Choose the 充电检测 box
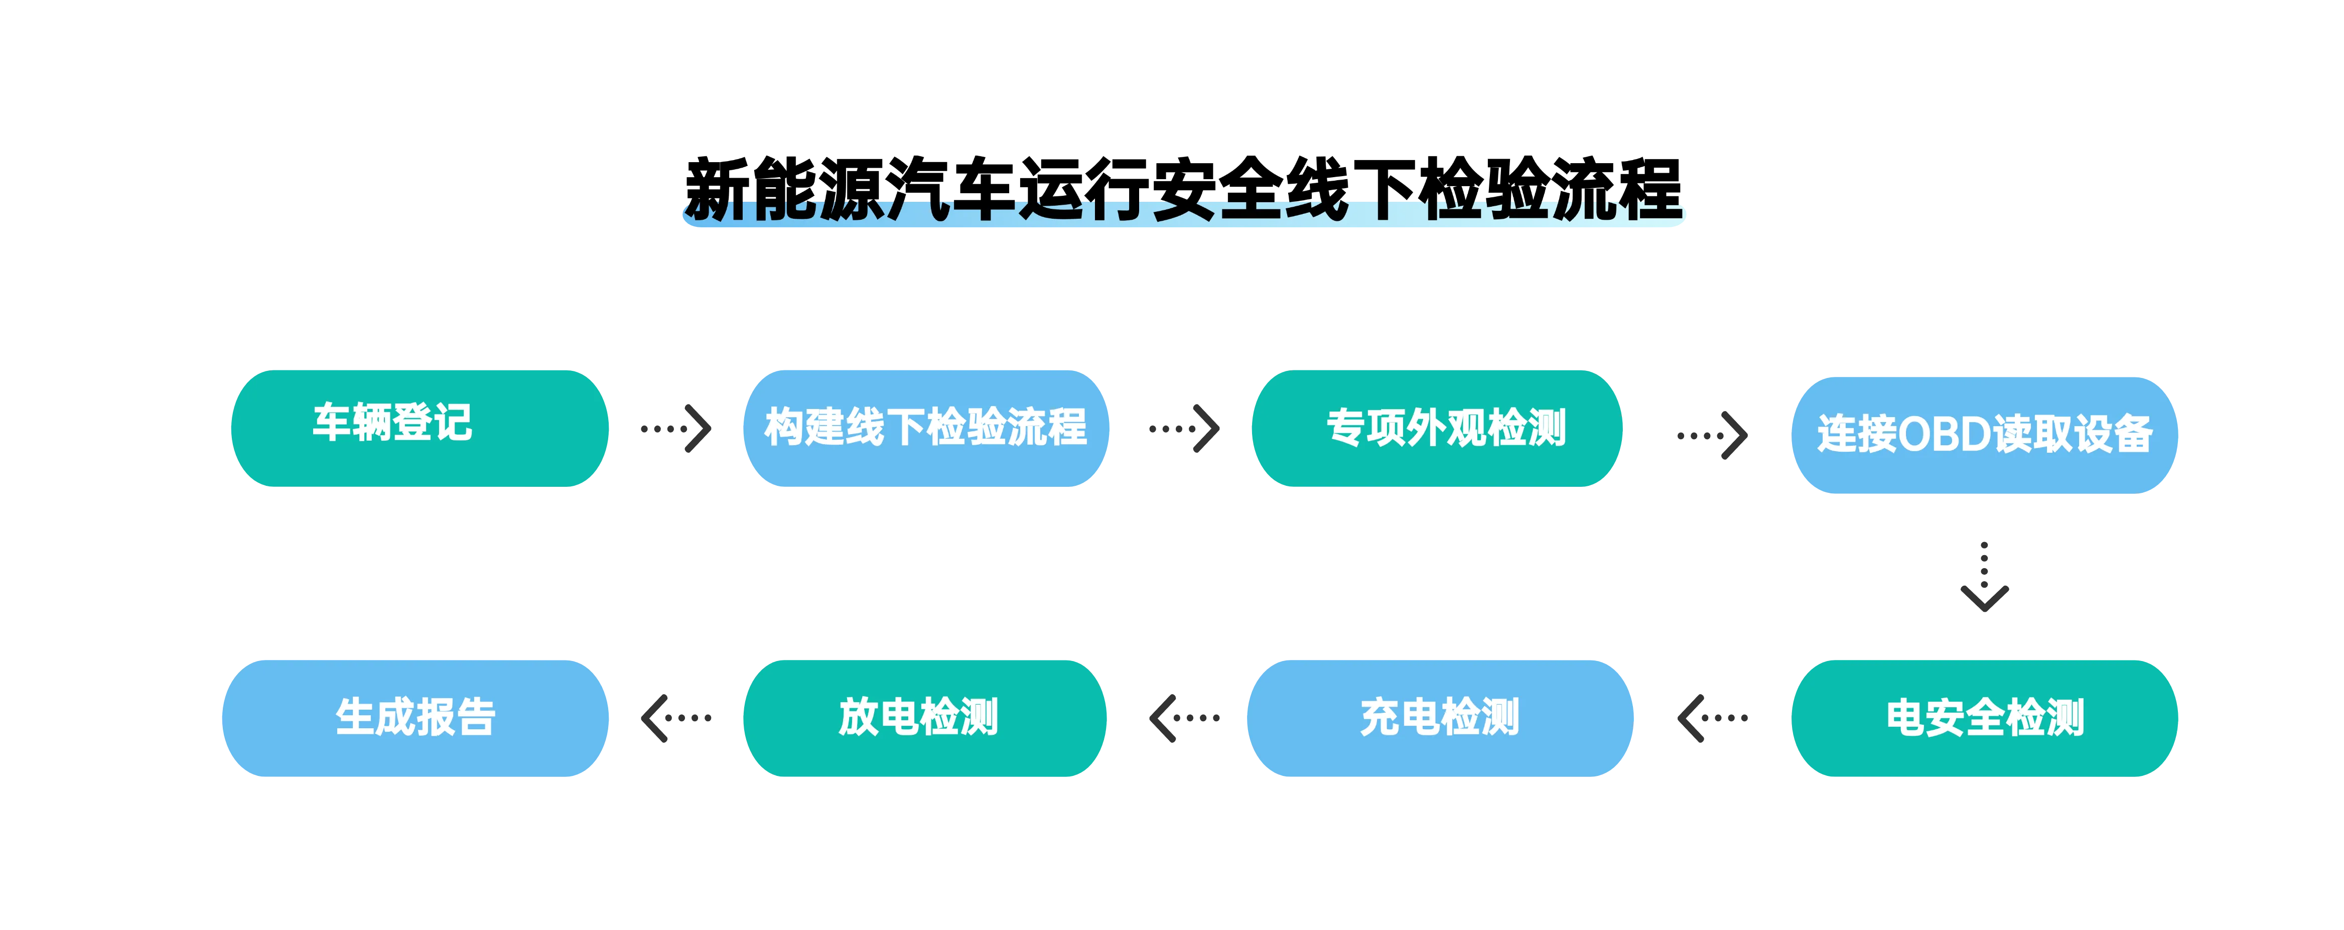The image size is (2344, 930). [x=1440, y=718]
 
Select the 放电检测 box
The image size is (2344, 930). [x=924, y=718]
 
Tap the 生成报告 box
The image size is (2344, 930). [x=415, y=718]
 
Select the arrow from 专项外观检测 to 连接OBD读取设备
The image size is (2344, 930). [x=1712, y=436]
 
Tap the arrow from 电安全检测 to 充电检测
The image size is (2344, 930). [x=1712, y=718]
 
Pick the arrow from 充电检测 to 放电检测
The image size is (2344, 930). [x=1184, y=718]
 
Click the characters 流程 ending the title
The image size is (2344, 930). [x=1616, y=189]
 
